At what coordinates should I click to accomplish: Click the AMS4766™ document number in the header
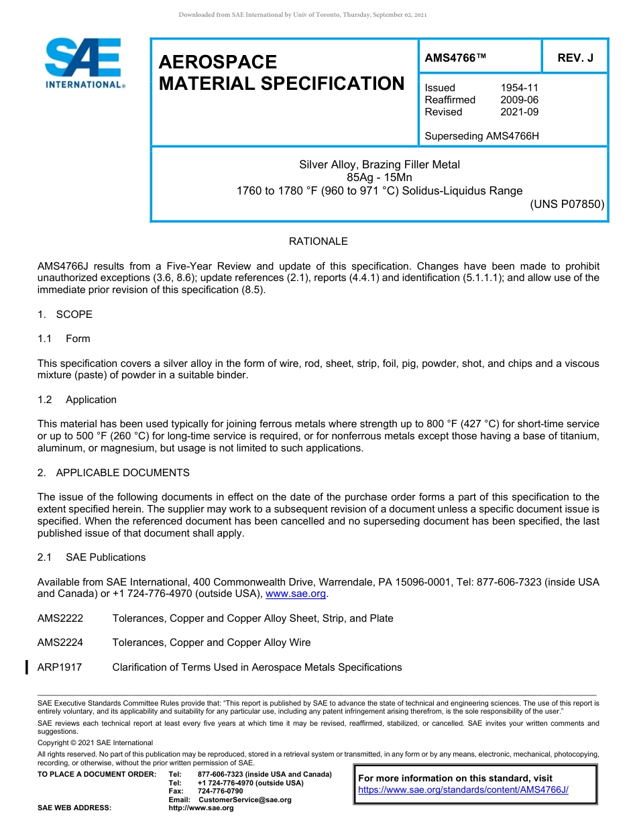455,58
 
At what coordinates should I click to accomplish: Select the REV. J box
575,58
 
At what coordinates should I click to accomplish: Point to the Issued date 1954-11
519,88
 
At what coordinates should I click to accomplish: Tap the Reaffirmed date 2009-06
519,100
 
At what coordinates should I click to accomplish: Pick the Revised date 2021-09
519,112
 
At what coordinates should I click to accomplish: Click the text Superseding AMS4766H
481,136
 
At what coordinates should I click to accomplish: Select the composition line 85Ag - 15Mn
380,178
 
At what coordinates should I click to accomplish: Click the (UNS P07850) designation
567,204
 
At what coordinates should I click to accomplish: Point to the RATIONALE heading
318,241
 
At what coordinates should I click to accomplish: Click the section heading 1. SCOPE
65,315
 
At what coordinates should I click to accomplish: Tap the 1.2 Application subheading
77,400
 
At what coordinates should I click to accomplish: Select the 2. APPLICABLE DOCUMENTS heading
113,473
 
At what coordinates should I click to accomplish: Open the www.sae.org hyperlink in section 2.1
296,594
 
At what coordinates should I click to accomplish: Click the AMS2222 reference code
60,618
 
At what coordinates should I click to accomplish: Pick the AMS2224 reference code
60,643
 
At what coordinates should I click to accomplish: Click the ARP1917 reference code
60,667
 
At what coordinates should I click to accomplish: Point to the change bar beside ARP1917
26,667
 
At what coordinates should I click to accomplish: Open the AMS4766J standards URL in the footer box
463,790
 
